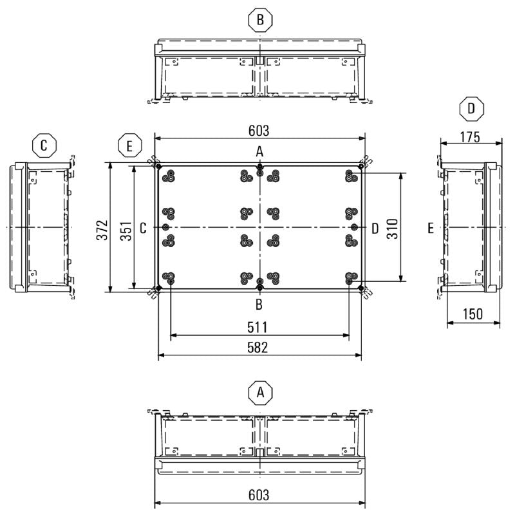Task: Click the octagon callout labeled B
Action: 260,21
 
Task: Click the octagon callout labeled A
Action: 260,391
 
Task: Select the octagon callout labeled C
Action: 44,145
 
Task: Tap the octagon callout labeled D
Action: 472,109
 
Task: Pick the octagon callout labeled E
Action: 130,146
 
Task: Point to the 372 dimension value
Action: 102,228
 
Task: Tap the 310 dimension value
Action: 392,228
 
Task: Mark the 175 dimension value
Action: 471,136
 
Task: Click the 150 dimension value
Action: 473,314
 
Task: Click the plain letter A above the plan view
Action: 259,152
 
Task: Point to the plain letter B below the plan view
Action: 259,303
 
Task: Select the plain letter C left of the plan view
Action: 143,228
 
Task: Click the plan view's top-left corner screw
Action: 159,166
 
